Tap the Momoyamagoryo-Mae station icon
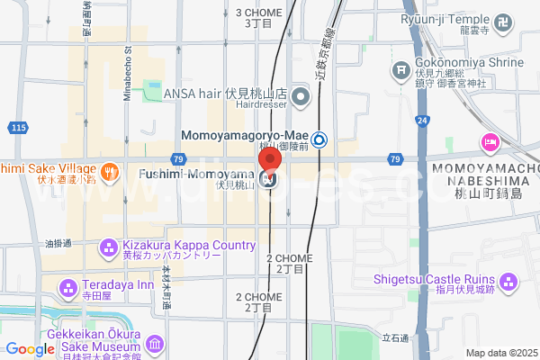pyautogui.click(x=320, y=139)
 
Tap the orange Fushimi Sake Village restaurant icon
pyautogui.click(x=109, y=172)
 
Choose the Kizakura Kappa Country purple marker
pyautogui.click(x=108, y=246)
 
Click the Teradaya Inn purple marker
pyautogui.click(x=68, y=288)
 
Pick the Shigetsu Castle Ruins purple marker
pyautogui.click(x=510, y=284)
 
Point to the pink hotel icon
pyautogui.click(x=490, y=141)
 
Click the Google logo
pyautogui.click(x=29, y=349)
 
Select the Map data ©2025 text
pyautogui.click(x=499, y=353)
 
